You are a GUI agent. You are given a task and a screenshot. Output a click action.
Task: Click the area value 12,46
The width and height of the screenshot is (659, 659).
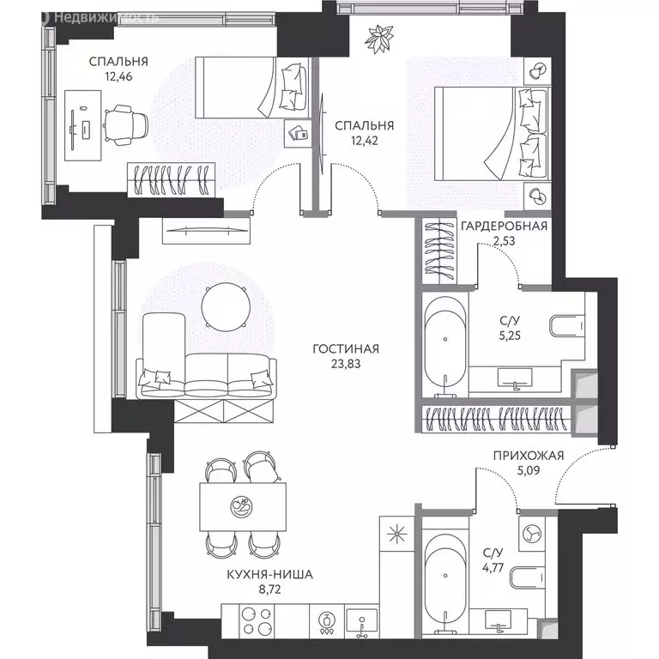point(118,76)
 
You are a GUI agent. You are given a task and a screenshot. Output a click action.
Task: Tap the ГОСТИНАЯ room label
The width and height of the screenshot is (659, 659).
point(346,349)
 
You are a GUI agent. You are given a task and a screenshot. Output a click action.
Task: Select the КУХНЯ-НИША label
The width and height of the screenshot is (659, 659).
point(269,575)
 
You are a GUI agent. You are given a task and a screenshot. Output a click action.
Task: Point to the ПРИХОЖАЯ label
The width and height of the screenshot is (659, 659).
point(529,456)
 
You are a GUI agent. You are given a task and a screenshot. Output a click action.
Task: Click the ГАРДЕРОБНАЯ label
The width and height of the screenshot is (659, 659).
point(504,227)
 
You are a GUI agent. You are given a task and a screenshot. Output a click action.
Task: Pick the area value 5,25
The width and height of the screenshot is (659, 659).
point(510,336)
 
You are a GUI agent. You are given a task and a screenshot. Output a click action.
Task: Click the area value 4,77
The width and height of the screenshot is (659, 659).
point(493,568)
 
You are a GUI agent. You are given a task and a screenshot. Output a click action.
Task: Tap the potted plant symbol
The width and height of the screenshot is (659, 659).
point(379,39)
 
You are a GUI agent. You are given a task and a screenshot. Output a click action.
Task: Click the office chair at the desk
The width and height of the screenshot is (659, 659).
point(125,125)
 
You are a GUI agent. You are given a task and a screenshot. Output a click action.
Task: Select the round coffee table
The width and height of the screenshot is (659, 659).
point(227,307)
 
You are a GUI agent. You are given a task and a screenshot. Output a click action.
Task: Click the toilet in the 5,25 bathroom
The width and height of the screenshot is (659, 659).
point(567,326)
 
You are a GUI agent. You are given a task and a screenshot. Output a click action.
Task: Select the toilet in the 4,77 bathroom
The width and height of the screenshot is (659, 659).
point(528,577)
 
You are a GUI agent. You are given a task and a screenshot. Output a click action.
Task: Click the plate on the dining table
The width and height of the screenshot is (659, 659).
point(242,506)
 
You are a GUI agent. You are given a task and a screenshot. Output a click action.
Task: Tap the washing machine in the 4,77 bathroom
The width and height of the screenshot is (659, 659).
point(532,534)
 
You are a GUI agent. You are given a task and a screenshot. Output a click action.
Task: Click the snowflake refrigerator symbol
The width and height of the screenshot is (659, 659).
point(396,535)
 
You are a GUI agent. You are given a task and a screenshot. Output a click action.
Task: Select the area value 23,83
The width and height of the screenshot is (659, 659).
point(346,364)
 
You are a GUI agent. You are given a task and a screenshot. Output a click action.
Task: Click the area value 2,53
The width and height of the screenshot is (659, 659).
point(504,241)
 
